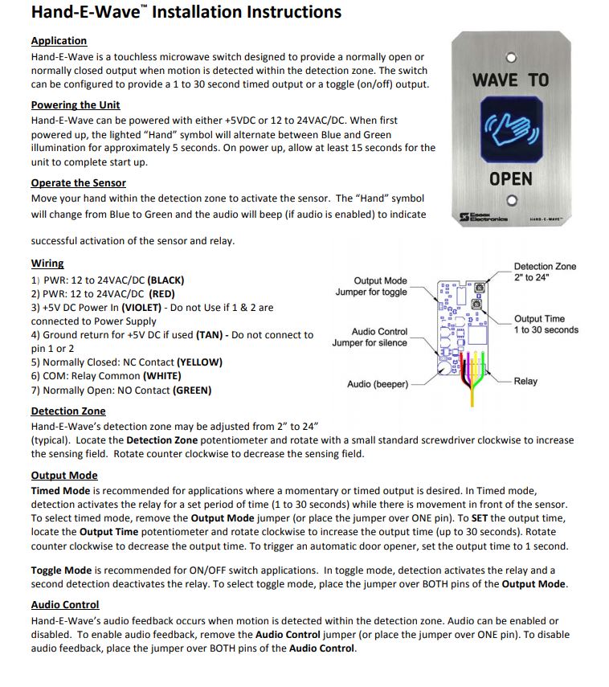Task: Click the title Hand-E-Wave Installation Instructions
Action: click(186, 12)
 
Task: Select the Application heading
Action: click(59, 41)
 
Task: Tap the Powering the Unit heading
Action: click(76, 104)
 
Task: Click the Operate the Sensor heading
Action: click(78, 182)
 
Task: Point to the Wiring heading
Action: click(47, 263)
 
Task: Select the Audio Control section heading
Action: click(65, 604)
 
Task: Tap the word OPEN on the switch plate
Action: click(511, 178)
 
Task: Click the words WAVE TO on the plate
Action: click(511, 80)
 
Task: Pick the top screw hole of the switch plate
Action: click(511, 58)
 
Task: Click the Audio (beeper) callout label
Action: click(377, 384)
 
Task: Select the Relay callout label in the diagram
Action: click(525, 381)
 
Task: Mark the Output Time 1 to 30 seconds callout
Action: click(546, 325)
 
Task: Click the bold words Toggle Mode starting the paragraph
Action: click(61, 569)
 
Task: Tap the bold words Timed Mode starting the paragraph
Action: click(59, 490)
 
